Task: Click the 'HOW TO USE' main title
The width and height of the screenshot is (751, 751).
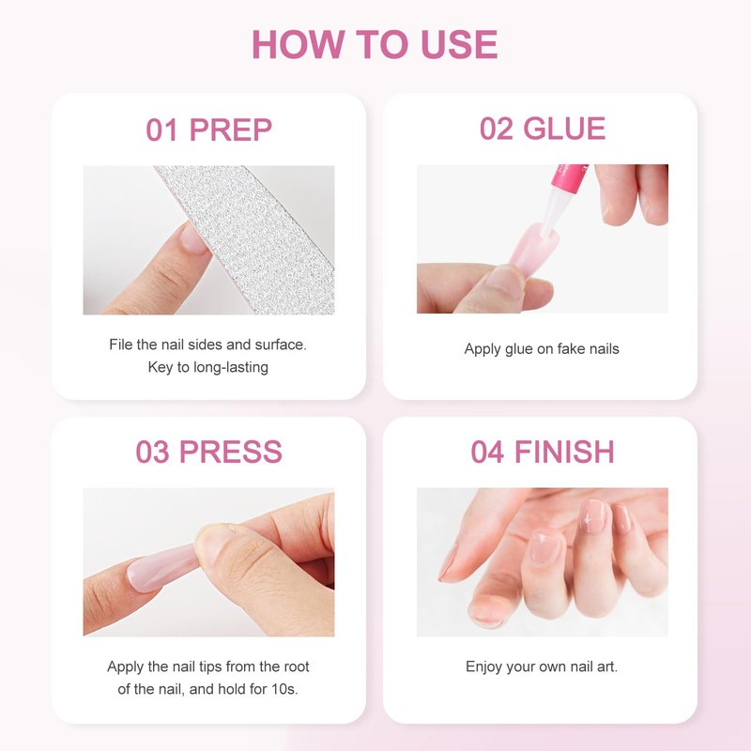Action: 375,44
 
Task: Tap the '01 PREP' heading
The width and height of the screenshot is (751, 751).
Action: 208,130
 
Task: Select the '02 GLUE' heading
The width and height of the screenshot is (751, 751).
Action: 543,129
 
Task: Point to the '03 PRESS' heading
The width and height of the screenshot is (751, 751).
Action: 208,452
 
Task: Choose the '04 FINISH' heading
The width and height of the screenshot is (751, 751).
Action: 543,452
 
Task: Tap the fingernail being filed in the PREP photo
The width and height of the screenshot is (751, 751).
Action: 193,238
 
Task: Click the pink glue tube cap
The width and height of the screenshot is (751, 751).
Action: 569,176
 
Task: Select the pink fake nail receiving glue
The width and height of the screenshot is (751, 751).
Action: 534,249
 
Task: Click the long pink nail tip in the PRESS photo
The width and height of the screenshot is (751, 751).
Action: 162,568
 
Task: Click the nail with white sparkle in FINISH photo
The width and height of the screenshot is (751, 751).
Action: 592,516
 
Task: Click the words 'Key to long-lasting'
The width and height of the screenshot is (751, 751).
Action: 207,367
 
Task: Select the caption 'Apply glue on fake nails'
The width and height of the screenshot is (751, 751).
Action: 542,348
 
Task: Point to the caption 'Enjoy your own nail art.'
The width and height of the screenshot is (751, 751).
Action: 542,667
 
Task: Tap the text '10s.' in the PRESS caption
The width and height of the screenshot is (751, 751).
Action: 285,689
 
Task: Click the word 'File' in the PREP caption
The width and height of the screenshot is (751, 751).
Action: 121,345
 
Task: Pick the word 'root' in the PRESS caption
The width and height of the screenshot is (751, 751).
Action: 297,667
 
